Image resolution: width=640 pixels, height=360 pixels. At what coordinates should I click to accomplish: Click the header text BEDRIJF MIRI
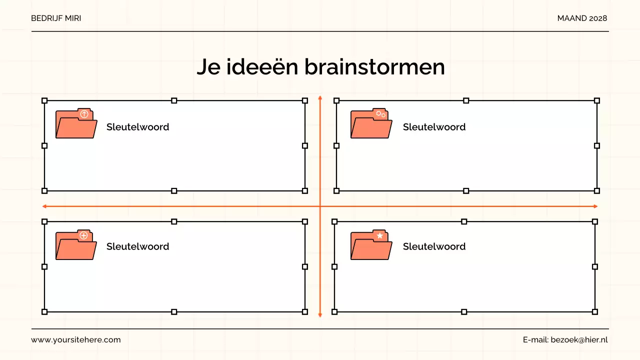[x=56, y=18]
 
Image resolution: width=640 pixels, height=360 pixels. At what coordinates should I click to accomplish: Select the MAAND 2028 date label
[x=582, y=18]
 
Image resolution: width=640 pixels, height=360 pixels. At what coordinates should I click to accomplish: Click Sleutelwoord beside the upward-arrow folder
[x=137, y=127]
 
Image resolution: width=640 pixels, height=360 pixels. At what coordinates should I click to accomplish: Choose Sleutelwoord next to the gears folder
[x=434, y=127]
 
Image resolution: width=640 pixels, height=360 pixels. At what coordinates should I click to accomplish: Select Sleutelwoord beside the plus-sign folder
[x=137, y=246]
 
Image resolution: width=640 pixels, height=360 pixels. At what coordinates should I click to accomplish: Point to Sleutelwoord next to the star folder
[x=434, y=246]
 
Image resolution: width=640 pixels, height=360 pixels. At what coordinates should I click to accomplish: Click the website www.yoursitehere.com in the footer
[x=76, y=340]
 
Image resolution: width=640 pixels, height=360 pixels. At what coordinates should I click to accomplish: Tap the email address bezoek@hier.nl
[x=579, y=340]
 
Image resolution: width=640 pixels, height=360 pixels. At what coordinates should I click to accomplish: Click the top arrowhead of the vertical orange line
[x=320, y=97]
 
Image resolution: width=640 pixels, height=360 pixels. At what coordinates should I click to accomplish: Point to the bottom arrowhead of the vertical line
[x=320, y=315]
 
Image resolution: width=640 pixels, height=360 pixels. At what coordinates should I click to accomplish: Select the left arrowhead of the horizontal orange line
[x=44, y=206]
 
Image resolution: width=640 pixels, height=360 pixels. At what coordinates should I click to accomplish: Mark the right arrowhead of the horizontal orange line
[x=595, y=206]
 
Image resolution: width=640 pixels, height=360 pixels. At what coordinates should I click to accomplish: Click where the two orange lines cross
[x=320, y=206]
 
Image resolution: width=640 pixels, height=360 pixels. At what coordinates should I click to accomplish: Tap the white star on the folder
[x=380, y=235]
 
